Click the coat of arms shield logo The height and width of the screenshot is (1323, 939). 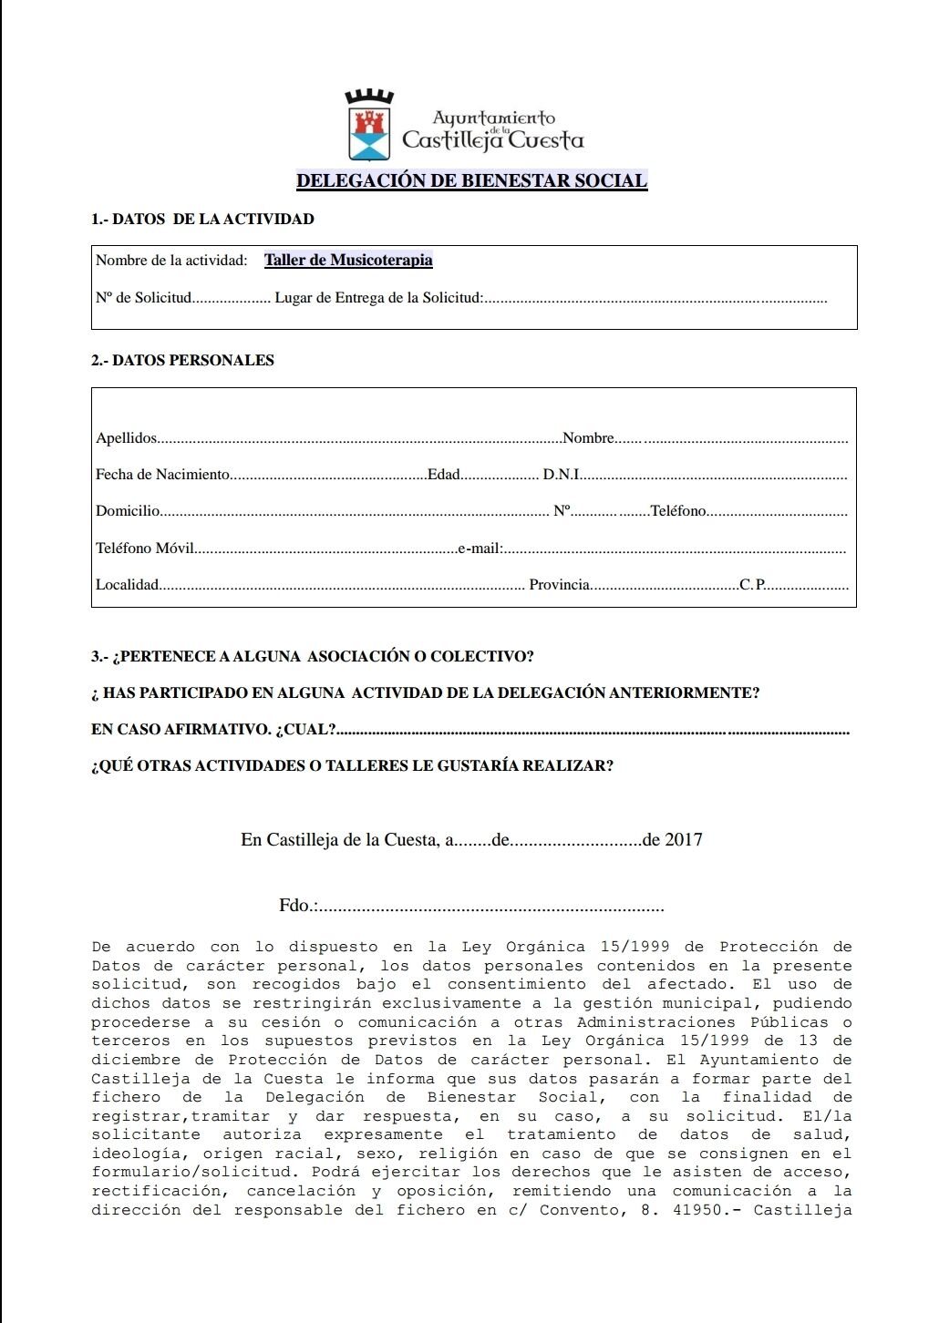tap(369, 128)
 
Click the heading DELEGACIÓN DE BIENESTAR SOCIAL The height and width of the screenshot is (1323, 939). tap(471, 180)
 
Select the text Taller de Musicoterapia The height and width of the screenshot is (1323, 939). tap(348, 261)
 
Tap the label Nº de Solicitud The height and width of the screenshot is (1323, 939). tap(144, 298)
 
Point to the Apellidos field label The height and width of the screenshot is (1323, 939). tap(127, 438)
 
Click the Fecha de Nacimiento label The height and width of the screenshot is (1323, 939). tap(162, 475)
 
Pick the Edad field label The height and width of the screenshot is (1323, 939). tap(444, 475)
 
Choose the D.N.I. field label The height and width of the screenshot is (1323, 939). tap(562, 475)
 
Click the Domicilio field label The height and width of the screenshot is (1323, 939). tap(128, 511)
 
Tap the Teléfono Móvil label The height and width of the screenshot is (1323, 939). tap(145, 549)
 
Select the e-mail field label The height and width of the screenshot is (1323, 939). tap(480, 549)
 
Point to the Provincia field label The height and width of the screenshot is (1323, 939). tap(559, 585)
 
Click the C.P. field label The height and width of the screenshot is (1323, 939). tap(752, 585)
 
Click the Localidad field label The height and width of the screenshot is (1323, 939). tap(128, 585)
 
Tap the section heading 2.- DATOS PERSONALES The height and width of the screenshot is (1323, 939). tap(182, 361)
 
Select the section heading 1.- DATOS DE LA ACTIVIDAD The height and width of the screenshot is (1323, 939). tap(202, 220)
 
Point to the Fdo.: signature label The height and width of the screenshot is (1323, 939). tap(298, 906)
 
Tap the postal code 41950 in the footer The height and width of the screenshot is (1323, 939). tap(698, 1210)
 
